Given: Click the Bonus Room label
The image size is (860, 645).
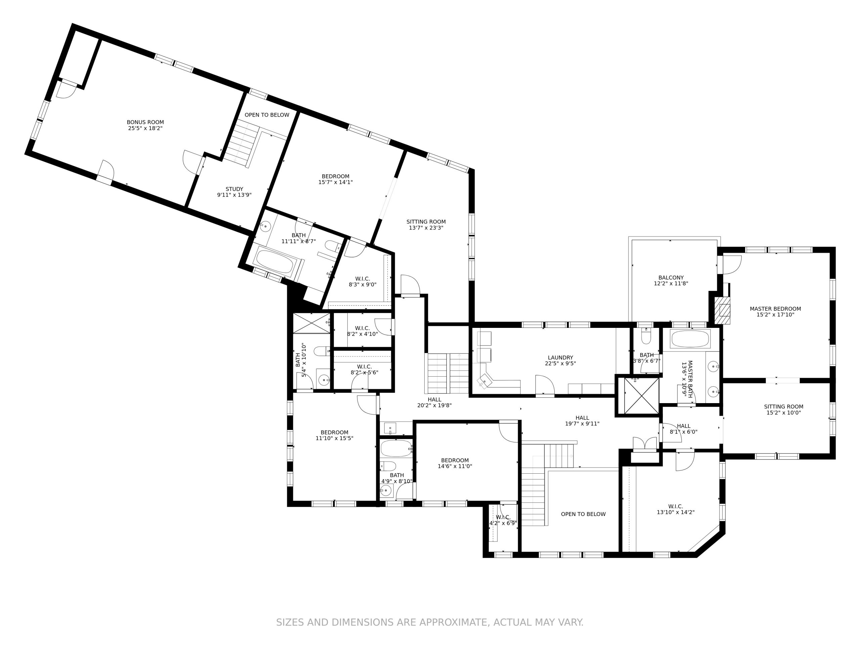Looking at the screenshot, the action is [145, 122].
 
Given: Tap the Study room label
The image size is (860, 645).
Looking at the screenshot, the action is [234, 189].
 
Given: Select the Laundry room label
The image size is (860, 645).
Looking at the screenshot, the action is [560, 357].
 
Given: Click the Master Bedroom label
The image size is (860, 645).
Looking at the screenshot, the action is [775, 309].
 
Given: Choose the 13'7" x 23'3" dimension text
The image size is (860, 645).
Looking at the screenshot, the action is [426, 228].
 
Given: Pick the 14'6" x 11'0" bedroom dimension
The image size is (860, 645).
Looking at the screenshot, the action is [455, 466].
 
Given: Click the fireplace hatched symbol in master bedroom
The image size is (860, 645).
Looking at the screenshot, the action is [722, 310].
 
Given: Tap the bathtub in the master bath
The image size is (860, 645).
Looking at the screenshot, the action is [690, 339].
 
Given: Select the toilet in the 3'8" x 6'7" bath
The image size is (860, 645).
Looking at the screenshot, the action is [646, 336].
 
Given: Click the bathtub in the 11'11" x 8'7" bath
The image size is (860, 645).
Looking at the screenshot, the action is [275, 261].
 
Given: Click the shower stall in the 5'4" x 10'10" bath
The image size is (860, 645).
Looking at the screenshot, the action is [311, 323].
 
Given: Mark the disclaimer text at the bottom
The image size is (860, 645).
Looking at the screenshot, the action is [430, 622].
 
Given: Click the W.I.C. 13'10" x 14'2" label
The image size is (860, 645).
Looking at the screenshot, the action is [675, 509].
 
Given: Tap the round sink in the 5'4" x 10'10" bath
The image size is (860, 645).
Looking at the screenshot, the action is [324, 380].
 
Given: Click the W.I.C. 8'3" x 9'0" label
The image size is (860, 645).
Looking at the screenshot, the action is [362, 282].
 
